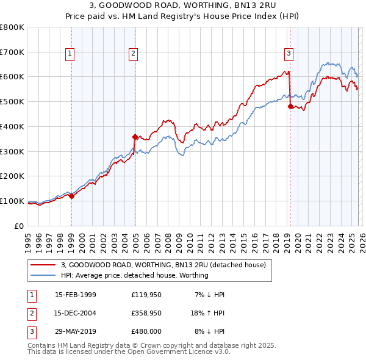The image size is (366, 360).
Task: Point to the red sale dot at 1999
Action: tap(71, 196)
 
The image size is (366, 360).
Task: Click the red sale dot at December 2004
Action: tap(135, 137)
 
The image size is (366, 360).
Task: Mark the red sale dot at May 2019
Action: tap(290, 106)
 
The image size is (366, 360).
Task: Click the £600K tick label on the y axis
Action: tap(12, 77)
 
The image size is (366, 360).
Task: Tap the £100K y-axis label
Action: tap(12, 201)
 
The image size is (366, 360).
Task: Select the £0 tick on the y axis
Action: tap(20, 226)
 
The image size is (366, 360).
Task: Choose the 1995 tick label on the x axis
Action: tap(27, 240)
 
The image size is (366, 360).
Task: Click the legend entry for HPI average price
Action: tap(134, 275)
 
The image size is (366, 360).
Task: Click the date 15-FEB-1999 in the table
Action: tap(75, 295)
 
